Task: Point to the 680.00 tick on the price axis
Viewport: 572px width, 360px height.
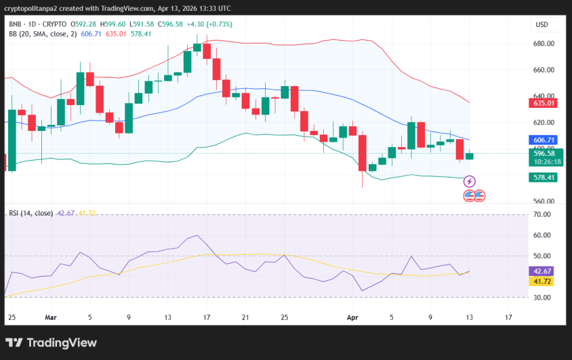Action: pos(544,44)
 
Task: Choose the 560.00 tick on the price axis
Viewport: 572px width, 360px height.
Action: pos(544,202)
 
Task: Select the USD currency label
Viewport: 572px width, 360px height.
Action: pos(542,24)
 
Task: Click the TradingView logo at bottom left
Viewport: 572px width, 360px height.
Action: pos(51,342)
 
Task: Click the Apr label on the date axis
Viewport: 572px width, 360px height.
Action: pos(352,317)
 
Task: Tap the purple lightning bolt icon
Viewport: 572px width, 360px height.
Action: pos(470,182)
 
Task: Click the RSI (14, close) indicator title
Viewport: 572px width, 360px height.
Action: pos(30,213)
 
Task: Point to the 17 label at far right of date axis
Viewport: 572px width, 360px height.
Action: pos(508,317)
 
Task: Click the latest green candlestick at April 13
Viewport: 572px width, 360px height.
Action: pos(470,156)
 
